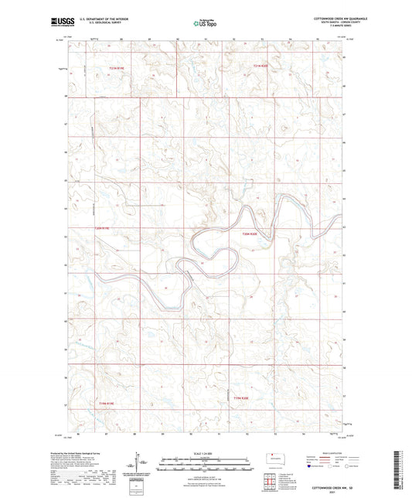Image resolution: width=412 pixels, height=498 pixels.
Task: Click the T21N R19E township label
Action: click(x=116, y=70)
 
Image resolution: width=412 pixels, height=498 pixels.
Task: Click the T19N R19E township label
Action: click(x=106, y=403)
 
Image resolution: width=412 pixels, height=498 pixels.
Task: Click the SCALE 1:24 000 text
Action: click(x=204, y=454)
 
